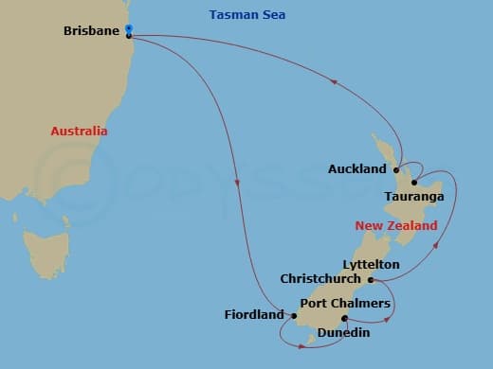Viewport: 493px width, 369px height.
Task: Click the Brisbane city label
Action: [91, 31]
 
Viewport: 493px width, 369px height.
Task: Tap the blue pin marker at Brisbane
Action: [129, 29]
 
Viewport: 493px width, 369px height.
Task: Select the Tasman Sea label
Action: [246, 15]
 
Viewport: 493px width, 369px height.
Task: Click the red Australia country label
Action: [79, 132]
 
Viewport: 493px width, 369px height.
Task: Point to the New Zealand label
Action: [396, 226]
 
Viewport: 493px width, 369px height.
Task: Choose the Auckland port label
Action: [356, 169]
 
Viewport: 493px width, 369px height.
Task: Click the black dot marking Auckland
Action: [395, 170]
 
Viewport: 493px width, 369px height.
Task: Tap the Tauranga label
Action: [414, 197]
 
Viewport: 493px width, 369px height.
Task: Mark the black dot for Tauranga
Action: [414, 183]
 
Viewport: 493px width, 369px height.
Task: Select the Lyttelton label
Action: [371, 264]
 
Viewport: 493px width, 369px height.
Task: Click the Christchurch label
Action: [320, 279]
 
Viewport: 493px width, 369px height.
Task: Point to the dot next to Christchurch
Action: [371, 280]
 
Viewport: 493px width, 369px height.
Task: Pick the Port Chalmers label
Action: [345, 303]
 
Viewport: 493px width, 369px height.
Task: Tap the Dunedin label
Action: [343, 332]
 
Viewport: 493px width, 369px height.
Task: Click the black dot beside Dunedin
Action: [343, 318]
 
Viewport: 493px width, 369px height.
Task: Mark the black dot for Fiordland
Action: [295, 316]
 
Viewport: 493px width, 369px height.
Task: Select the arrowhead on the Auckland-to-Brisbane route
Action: [334, 83]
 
